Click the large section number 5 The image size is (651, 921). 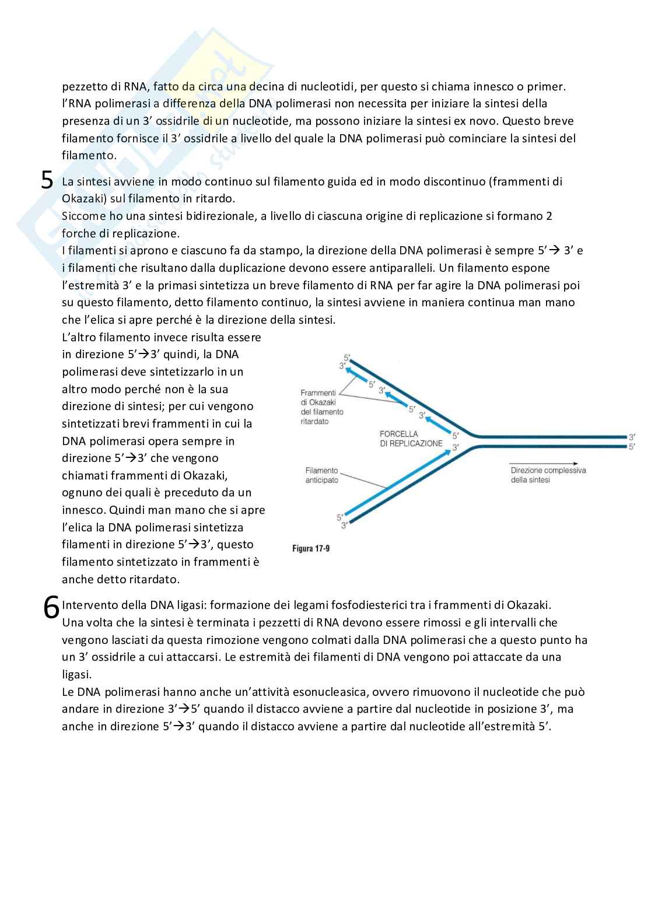[47, 180]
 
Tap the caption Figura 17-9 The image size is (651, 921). [311, 549]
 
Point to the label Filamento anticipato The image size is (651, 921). [321, 475]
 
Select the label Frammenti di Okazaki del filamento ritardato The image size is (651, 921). [322, 407]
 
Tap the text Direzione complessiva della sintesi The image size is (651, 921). [548, 475]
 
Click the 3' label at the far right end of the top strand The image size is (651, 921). [632, 436]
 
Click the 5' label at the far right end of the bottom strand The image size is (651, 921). [632, 446]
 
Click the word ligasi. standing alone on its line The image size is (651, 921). [77, 674]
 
